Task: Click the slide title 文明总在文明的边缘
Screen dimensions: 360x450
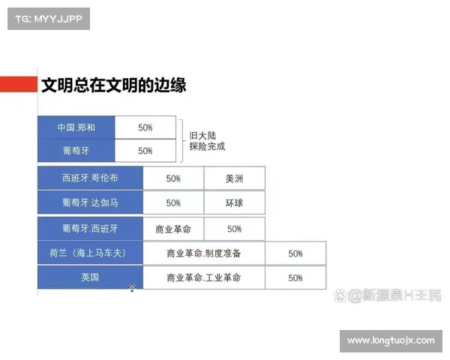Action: coord(113,85)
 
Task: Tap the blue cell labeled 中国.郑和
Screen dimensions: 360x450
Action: coord(76,127)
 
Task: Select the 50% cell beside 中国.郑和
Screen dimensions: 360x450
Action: coord(145,127)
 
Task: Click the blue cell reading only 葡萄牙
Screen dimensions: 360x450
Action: coord(76,151)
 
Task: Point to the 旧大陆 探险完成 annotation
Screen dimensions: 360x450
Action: coord(206,140)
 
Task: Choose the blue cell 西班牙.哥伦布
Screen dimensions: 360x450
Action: coord(90,179)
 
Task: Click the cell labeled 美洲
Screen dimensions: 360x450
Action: coord(234,179)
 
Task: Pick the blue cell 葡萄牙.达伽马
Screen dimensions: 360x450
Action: coord(90,202)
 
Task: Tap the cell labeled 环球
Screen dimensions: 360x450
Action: coord(234,202)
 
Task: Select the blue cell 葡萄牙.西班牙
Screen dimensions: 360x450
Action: coord(90,228)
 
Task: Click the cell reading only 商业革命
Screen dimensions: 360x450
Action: coord(173,228)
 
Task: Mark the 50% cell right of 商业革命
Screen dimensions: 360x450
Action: coord(234,228)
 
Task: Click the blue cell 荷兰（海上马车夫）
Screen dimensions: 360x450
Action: coord(90,253)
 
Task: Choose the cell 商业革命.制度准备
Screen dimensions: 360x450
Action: coord(203,253)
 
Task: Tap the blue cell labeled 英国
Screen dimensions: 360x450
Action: coord(90,277)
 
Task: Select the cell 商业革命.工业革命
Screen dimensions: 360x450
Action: coord(203,277)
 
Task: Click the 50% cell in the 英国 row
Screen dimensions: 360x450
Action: coord(295,277)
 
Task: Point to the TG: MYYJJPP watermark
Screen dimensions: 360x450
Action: coord(48,19)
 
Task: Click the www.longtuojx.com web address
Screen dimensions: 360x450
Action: coord(390,340)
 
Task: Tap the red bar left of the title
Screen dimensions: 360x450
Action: coord(18,85)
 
